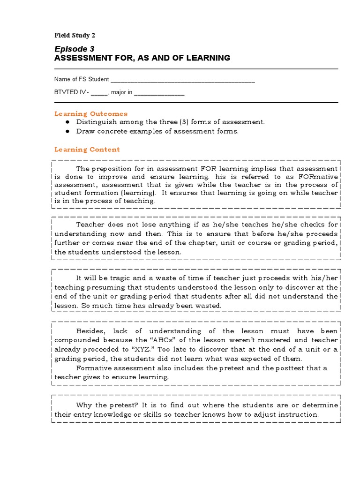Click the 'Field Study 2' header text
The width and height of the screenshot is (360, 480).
pos(75,35)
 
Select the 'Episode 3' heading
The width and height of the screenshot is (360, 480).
pos(72,49)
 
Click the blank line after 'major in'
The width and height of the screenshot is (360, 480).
pos(159,93)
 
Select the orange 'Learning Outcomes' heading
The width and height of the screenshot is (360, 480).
pos(90,114)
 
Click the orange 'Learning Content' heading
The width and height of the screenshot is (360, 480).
pos(87,150)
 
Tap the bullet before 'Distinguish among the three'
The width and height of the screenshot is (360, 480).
pos(68,122)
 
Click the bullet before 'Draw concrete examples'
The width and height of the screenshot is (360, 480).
pos(68,131)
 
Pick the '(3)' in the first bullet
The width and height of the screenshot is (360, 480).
pos(185,122)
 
